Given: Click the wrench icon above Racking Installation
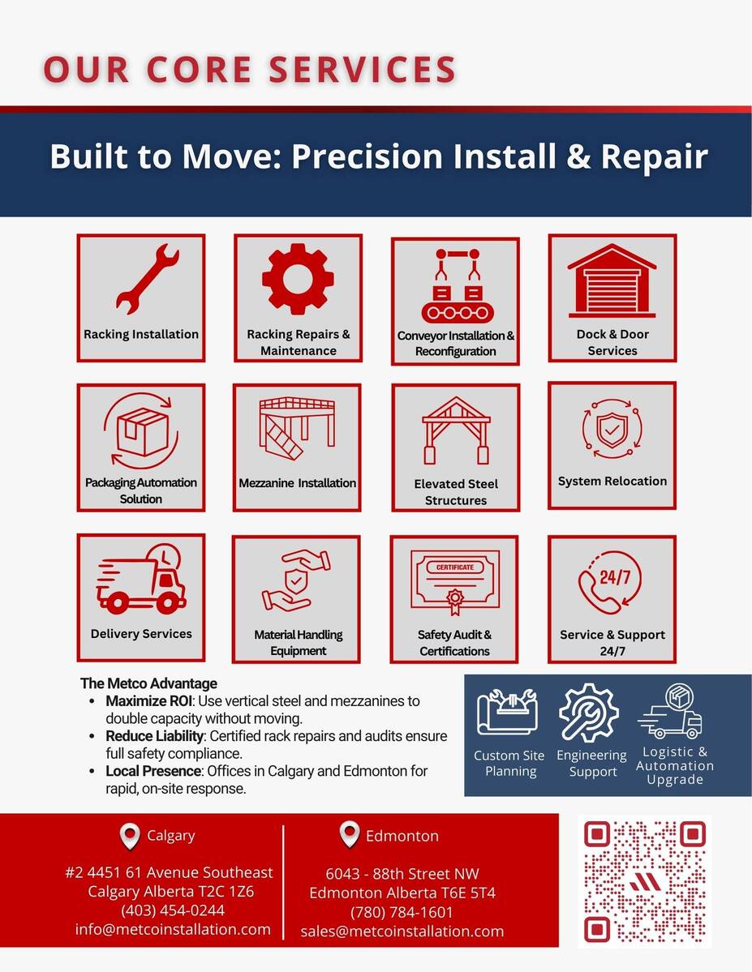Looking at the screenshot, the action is point(148,278).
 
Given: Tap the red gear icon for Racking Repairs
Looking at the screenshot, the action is point(298,278).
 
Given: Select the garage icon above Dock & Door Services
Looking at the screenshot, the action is point(612,280).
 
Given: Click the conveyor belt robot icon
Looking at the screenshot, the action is point(458,286).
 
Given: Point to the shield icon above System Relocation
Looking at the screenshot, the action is point(612,428).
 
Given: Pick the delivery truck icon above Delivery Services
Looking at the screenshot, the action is point(141,579).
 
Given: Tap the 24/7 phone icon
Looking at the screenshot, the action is point(610,584).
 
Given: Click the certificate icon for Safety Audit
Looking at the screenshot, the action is point(455,583).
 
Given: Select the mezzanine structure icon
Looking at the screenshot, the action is point(297,428).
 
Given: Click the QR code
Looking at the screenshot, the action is point(645,881).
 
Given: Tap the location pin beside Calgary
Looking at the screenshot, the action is point(129,837).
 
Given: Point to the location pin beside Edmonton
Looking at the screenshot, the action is point(350,835).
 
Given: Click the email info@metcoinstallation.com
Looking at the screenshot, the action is point(173,929).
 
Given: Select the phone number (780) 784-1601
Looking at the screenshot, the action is point(402,913).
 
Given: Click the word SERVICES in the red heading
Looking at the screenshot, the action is point(363,69).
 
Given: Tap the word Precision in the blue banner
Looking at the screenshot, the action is point(367,156).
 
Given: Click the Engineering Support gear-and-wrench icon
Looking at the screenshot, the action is point(589,713).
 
